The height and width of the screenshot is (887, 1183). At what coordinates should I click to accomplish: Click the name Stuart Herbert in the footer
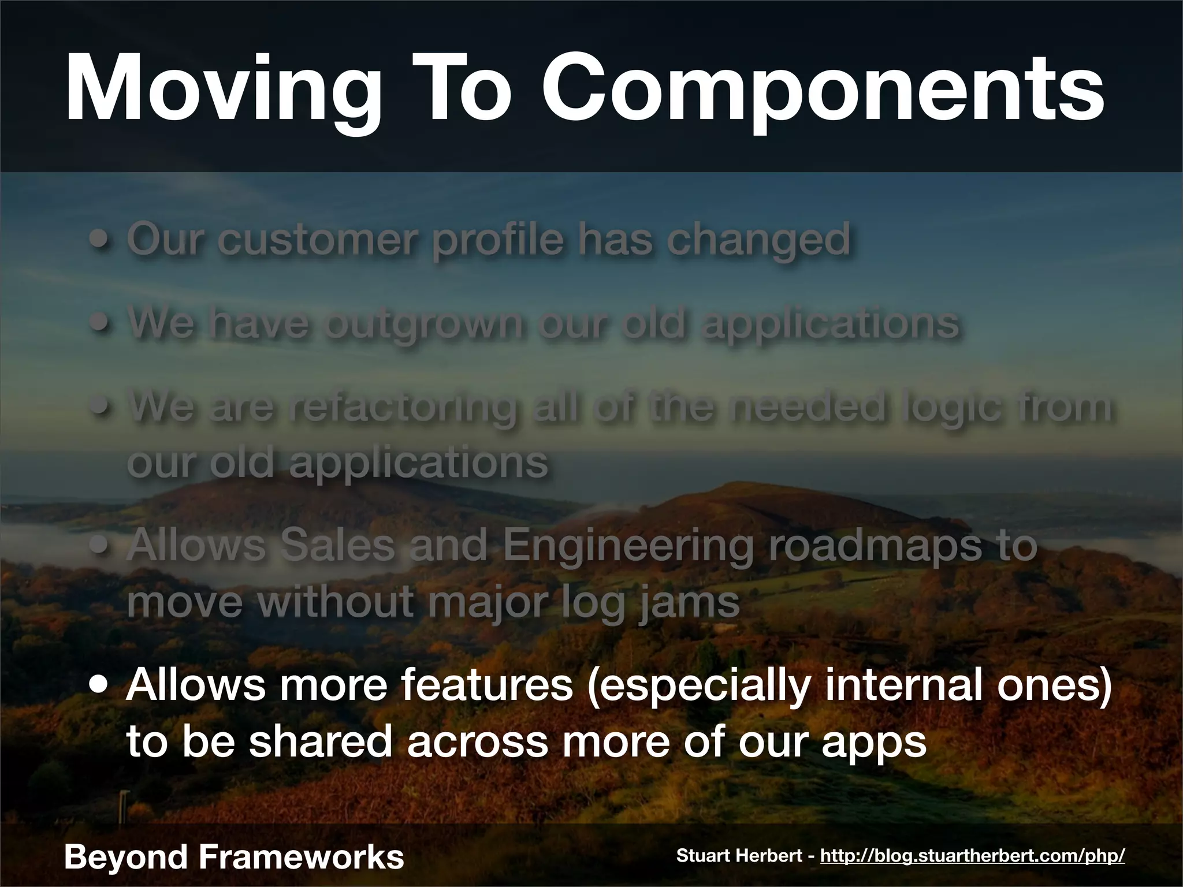coord(742,856)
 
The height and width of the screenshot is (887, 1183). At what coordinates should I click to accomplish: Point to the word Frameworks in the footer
coord(300,857)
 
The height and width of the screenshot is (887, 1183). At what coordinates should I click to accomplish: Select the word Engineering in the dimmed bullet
coord(628,547)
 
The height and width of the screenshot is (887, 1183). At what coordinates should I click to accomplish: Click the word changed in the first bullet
coord(758,241)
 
